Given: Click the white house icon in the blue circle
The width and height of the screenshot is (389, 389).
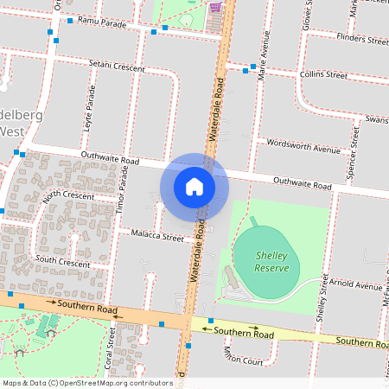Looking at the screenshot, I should coord(194,187).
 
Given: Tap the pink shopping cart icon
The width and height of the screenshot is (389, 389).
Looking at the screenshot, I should coord(214,7).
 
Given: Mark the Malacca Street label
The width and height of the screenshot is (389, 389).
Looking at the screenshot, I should coord(157,236).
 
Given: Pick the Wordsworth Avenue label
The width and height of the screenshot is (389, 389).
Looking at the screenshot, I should coord(303,147).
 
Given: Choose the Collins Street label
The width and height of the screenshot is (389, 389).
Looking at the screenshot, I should coord(323,75).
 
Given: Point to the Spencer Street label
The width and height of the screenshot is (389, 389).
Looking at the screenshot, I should coord(354,153).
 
